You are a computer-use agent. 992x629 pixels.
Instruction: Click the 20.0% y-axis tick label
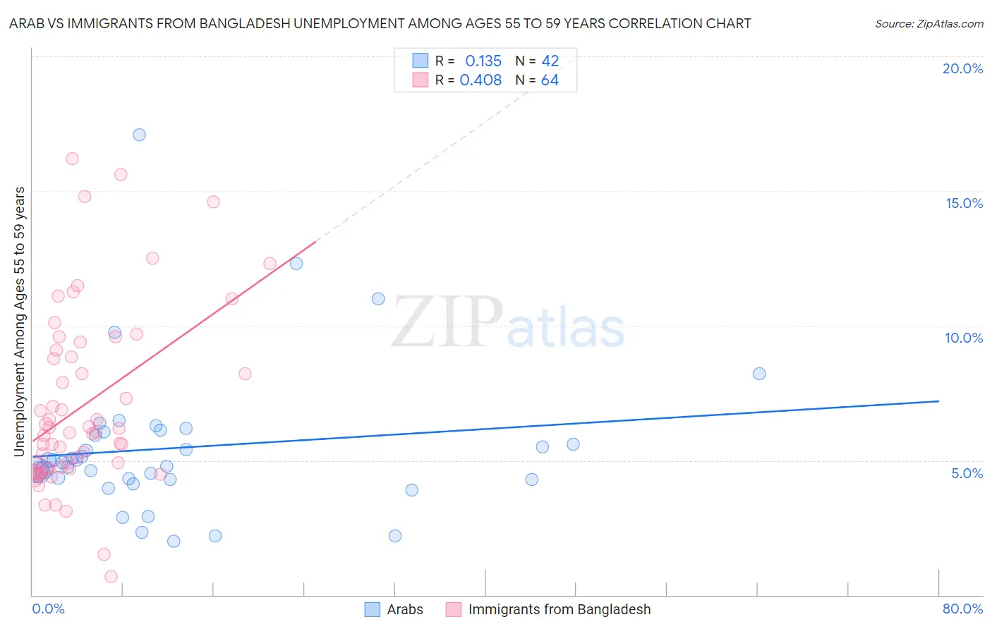point(962,68)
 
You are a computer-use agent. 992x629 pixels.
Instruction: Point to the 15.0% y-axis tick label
point(964,203)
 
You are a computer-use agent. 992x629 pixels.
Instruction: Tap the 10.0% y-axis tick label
point(964,338)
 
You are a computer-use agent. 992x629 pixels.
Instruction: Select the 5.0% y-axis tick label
point(967,473)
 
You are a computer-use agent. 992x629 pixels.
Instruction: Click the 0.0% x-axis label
point(48,609)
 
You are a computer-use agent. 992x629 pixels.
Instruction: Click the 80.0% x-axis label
point(962,609)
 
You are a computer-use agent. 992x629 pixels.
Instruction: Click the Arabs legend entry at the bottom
point(404,609)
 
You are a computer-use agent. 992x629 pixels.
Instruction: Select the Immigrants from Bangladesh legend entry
point(559,609)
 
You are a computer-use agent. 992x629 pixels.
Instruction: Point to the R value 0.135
point(483,61)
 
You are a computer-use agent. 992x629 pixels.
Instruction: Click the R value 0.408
point(480,80)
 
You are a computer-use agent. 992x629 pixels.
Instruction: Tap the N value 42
point(550,61)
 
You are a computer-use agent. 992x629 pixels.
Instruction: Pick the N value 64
point(550,80)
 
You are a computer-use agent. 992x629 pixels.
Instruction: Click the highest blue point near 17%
point(139,135)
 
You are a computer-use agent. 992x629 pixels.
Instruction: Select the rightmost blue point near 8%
point(759,374)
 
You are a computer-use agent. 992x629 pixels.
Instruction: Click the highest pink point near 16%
point(72,159)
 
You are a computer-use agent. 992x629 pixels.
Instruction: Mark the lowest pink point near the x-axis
point(111,576)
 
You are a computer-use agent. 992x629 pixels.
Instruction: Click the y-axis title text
point(19,322)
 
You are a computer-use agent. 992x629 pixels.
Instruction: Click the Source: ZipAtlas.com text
point(929,24)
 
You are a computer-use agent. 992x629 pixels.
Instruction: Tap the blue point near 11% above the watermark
point(378,299)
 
